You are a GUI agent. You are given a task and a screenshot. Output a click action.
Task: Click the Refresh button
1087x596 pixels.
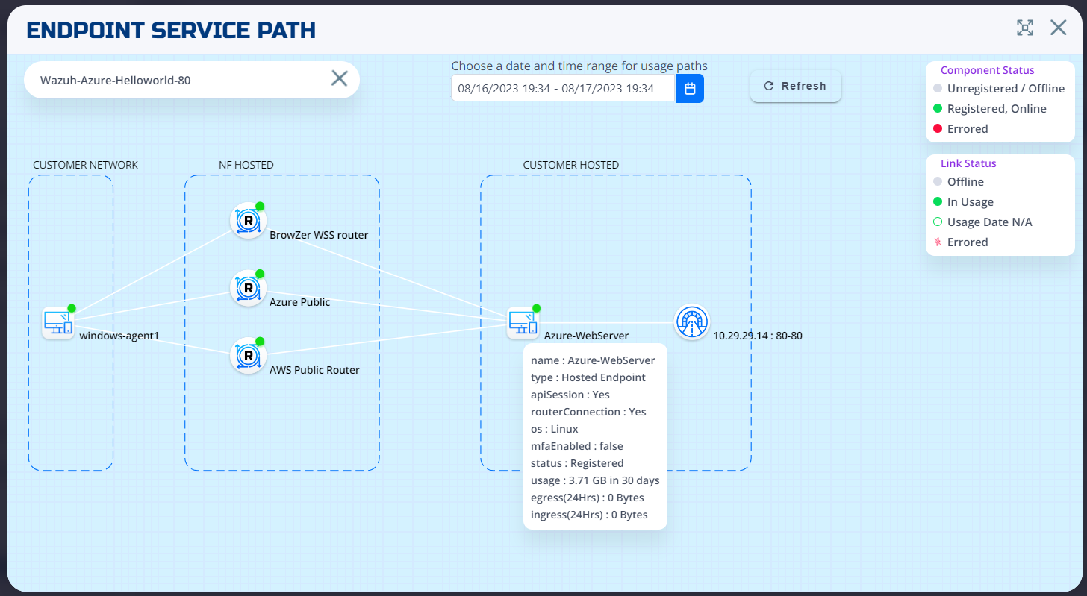795,87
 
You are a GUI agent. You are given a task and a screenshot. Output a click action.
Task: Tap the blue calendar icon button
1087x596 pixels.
690,89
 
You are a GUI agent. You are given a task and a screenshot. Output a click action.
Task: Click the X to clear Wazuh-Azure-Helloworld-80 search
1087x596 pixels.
339,78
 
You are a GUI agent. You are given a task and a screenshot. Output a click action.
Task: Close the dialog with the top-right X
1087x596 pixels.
1058,28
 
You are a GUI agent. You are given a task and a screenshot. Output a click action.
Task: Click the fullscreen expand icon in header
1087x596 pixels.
1025,28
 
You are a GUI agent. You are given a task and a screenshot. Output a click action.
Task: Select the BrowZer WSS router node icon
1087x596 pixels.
248,220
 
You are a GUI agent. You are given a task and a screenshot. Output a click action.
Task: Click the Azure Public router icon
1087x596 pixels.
248,288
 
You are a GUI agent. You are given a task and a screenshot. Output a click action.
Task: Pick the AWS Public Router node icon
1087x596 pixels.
248,356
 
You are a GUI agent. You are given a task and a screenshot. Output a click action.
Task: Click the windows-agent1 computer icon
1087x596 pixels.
57,323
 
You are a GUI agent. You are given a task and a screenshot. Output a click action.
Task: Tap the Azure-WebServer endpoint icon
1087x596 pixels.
522,323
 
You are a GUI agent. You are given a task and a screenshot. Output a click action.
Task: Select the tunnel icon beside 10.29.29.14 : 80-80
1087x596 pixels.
691,322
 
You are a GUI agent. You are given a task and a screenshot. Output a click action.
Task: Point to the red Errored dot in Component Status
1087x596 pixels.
938,129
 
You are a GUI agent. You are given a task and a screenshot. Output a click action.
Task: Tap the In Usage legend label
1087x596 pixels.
970,202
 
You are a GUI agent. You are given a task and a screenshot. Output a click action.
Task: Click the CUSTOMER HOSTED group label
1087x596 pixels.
570,165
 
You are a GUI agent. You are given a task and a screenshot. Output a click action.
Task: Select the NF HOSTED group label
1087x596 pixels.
246,165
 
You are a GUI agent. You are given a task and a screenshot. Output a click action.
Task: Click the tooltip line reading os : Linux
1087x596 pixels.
554,429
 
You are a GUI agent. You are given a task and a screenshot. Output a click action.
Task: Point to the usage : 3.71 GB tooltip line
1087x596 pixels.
594,480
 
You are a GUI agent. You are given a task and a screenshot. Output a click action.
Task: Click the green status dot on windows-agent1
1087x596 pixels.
72,308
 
